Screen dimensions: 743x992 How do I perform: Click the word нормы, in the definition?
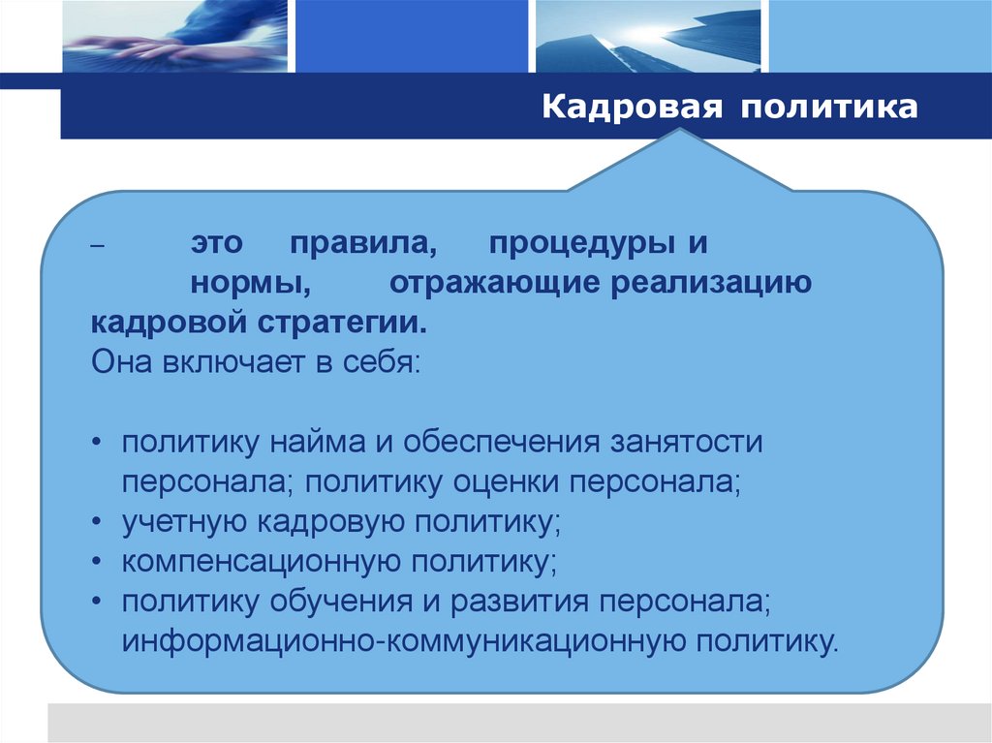tap(250, 283)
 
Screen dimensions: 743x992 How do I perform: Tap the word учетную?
tap(185, 521)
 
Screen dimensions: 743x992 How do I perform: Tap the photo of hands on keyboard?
tap(174, 36)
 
